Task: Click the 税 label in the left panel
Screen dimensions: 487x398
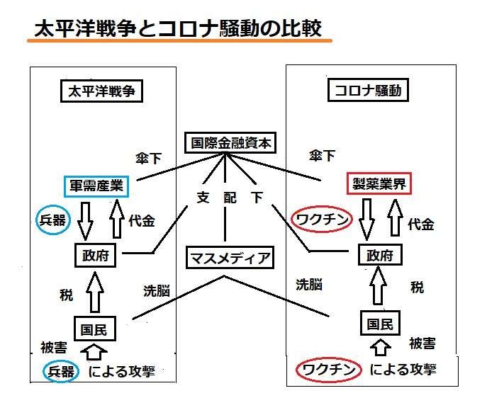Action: pyautogui.click(x=66, y=295)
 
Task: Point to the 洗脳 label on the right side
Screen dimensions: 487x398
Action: pyautogui.click(x=309, y=284)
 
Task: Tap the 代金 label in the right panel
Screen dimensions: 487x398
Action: pyautogui.click(x=421, y=224)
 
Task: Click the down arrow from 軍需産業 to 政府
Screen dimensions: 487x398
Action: pyautogui.click(x=85, y=221)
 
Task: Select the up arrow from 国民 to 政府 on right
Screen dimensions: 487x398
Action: pyautogui.click(x=378, y=285)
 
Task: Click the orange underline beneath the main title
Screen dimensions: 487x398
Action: pyautogui.click(x=179, y=40)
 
